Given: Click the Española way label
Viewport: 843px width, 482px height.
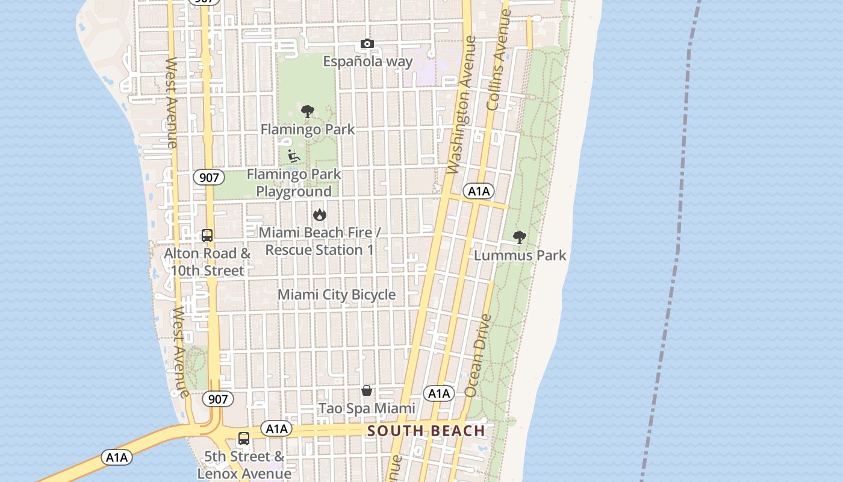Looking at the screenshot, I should pos(368,61).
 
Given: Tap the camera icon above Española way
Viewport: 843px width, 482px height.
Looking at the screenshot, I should pos(367,43).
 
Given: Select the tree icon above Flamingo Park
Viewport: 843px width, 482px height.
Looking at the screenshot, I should pos(308,111).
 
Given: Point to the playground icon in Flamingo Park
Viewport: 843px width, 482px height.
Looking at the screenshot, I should pos(294,156).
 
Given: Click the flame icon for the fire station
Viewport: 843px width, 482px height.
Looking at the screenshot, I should pos(319,214).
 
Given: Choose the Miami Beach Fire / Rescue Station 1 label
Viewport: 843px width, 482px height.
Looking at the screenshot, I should pos(320,241).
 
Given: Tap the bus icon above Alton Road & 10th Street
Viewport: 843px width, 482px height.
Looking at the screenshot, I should pos(207,236).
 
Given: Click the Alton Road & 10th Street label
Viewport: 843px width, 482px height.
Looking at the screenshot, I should pos(207,261).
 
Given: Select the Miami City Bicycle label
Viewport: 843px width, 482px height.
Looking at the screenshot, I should pos(337,295).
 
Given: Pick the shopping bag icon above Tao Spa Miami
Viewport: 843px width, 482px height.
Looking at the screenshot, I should pos(367,390).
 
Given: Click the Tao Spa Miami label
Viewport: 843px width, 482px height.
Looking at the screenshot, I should pos(367,408).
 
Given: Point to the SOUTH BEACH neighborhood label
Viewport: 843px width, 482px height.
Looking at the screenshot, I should pos(426,431).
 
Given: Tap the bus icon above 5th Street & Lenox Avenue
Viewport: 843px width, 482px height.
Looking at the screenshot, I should pos(244,439).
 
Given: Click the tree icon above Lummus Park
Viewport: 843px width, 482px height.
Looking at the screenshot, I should pos(519,237).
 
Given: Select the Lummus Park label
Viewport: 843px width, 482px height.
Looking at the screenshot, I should pos(520,255).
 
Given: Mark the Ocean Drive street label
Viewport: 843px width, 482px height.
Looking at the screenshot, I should pos(479,355).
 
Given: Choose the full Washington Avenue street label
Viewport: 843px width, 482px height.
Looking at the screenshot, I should pos(462,105).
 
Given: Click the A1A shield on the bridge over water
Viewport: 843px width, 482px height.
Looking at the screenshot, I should pos(117,457).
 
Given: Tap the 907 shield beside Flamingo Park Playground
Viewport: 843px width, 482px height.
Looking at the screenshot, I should pos(209,177).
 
